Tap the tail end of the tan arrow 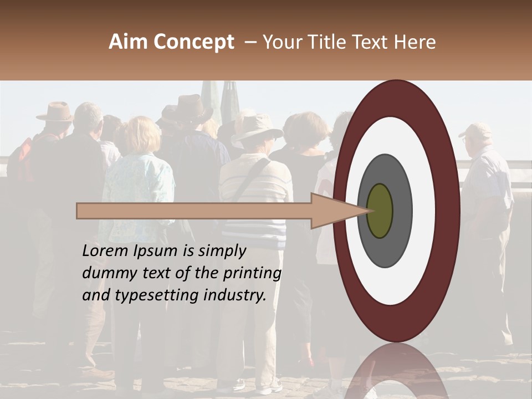(x=79, y=211)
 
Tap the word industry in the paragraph (x=235, y=296)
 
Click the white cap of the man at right (x=475, y=131)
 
